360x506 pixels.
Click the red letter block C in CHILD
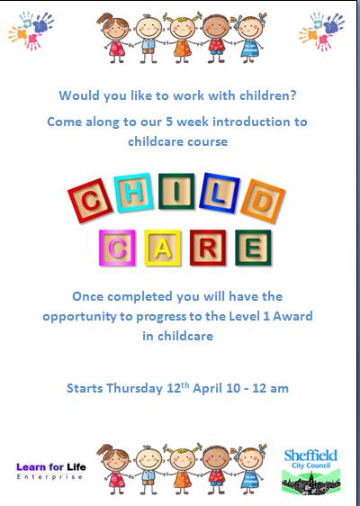90,201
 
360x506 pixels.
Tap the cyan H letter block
133,193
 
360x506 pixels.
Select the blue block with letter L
220,193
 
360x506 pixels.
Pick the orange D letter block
263,202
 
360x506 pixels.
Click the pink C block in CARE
117,248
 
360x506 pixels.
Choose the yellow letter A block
162,248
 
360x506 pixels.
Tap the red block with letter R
208,248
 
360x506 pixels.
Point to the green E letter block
253,248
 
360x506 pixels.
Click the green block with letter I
176,191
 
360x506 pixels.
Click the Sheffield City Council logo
311,472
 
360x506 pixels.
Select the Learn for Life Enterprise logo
51,471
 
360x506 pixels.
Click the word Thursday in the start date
134,388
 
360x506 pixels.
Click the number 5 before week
170,122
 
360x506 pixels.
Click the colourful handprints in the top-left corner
31,31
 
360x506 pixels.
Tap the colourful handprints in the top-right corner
321,31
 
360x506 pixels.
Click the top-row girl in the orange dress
183,38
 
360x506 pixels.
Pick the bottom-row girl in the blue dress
249,468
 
